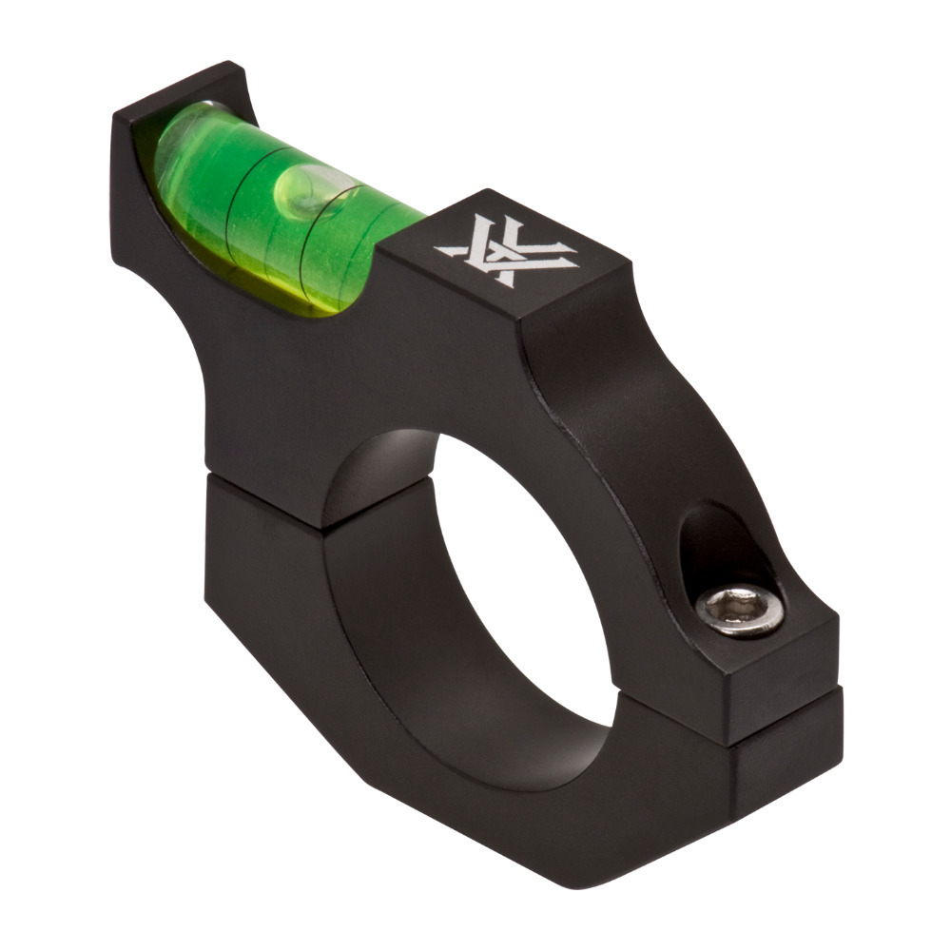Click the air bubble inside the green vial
(x=302, y=191)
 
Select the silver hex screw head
(x=740, y=610)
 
